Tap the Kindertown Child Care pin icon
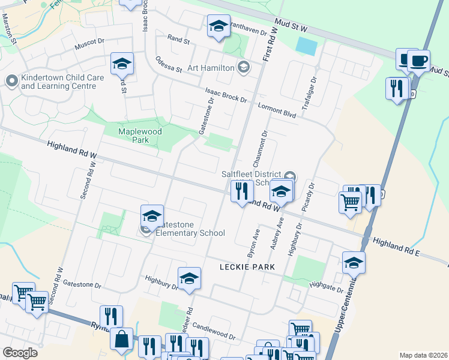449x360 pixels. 11,80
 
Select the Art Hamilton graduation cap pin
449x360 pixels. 243,66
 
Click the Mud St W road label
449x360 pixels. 291,25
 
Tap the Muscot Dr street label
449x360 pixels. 89,44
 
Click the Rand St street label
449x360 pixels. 178,40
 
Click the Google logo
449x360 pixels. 20,353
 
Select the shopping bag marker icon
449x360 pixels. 121,339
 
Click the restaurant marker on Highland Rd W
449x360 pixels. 243,191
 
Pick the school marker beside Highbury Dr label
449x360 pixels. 189,278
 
